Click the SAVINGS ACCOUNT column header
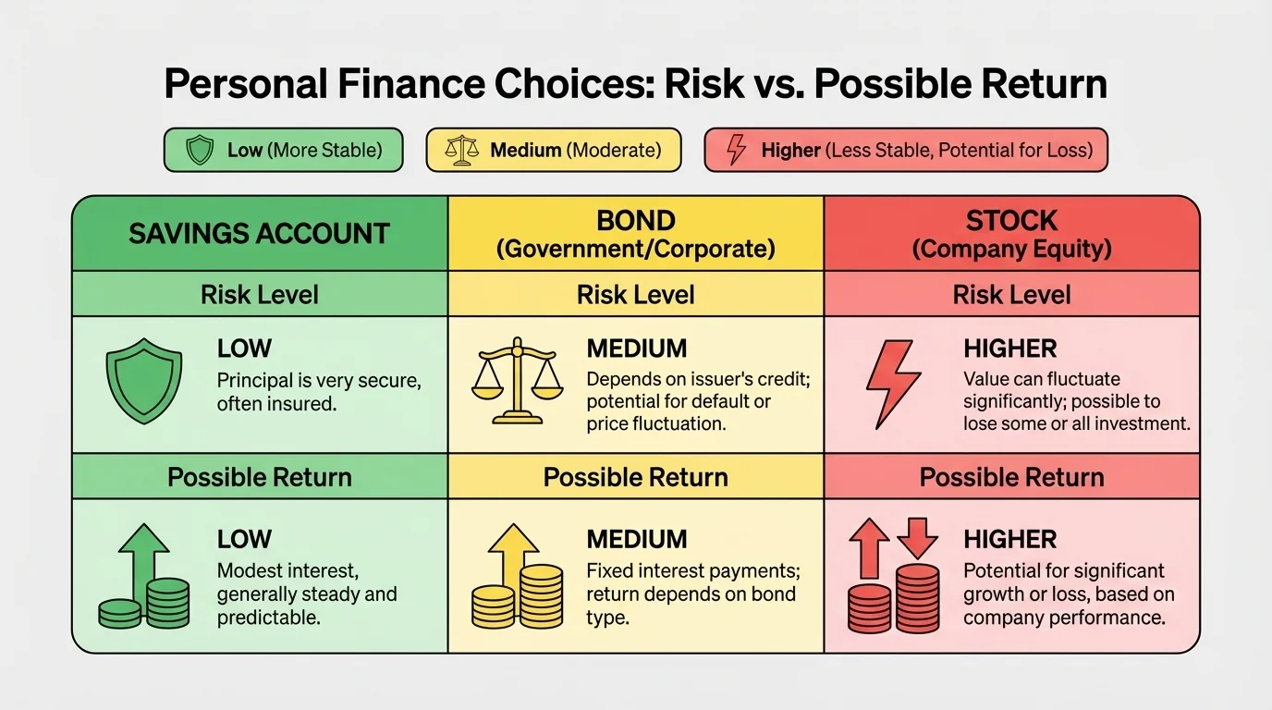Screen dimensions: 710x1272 [x=259, y=234]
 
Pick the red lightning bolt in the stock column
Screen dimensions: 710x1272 [x=892, y=382]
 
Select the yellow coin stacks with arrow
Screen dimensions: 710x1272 [x=518, y=577]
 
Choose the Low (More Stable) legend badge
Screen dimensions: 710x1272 [x=283, y=150]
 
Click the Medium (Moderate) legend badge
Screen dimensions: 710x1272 [x=553, y=150]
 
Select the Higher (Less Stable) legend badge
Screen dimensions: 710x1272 [x=905, y=150]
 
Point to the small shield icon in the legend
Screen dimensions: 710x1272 [x=200, y=150]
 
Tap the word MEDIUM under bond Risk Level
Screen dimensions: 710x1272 [x=637, y=349]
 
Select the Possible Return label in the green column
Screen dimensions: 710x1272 [x=260, y=477]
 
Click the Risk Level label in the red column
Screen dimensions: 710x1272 [x=1012, y=295]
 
